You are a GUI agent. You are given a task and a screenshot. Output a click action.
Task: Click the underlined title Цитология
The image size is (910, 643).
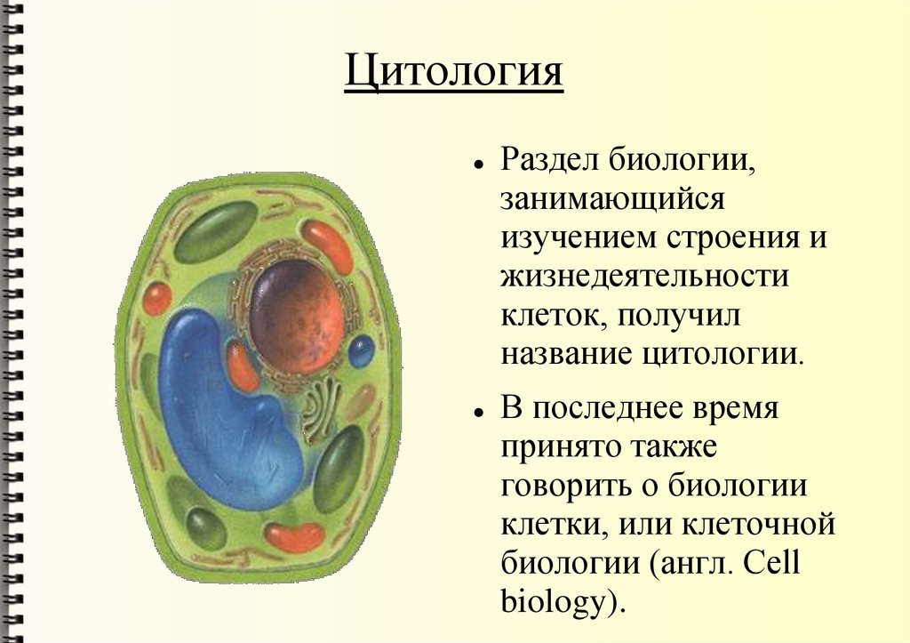point(453,73)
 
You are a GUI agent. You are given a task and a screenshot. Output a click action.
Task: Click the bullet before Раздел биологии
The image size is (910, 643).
point(478,165)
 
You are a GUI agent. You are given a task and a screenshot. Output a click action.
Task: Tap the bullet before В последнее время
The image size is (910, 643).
point(478,414)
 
